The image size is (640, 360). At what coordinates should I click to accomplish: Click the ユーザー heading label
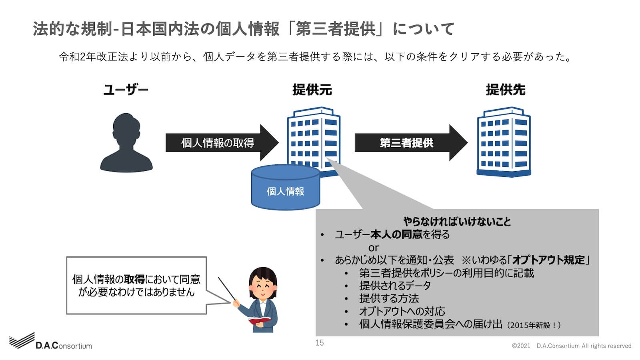pos(126,90)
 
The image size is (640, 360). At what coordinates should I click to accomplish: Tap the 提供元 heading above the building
pos(312,90)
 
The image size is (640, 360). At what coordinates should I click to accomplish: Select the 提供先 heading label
pos(506,90)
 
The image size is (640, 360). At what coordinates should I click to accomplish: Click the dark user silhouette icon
pos(126,143)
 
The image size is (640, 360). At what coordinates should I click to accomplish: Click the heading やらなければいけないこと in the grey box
pos(457,222)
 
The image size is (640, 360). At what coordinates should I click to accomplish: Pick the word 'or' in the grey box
pos(374,248)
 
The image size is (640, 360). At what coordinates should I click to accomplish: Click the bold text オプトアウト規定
pos(548,260)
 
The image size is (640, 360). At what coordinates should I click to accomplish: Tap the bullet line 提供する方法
pos(389,298)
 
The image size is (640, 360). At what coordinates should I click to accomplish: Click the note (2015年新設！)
pos(534,325)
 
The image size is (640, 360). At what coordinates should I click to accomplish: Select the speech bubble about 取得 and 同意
pos(136,286)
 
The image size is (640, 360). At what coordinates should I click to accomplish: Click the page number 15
pos(320,342)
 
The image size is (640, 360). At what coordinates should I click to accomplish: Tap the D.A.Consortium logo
pos(51,342)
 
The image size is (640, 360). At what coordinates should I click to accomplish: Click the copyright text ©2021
pos(521,346)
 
